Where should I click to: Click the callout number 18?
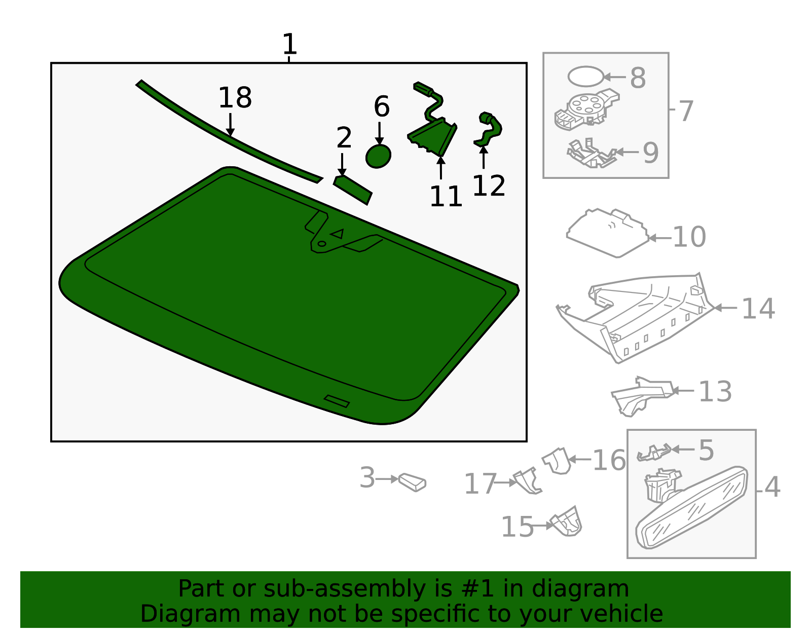(x=235, y=98)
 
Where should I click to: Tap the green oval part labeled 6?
(x=378, y=156)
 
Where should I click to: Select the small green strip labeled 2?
(x=353, y=190)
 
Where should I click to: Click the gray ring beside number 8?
(x=585, y=77)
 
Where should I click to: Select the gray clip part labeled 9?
(x=591, y=154)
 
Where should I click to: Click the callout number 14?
(x=758, y=309)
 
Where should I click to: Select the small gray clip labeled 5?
(x=654, y=452)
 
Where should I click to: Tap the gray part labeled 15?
(x=568, y=523)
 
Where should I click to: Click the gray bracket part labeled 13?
(x=641, y=395)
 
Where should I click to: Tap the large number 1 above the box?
(x=289, y=45)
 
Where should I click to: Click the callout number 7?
(x=685, y=111)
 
